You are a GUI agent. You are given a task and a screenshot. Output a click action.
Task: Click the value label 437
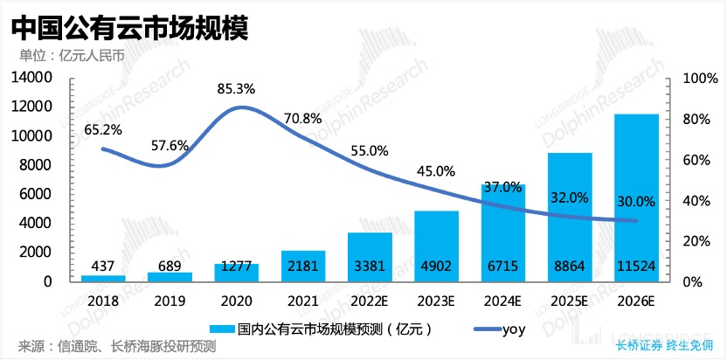(104, 265)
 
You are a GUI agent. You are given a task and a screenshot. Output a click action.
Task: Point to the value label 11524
(635, 265)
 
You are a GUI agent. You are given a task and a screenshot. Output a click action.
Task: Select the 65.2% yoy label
(103, 129)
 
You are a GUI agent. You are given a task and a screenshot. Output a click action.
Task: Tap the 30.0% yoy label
(635, 201)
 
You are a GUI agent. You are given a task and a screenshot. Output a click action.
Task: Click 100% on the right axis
(692, 78)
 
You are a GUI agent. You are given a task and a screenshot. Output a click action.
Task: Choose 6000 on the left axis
(38, 194)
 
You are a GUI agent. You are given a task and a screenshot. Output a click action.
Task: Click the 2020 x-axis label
(237, 300)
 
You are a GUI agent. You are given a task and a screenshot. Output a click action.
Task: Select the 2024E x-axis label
(502, 300)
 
